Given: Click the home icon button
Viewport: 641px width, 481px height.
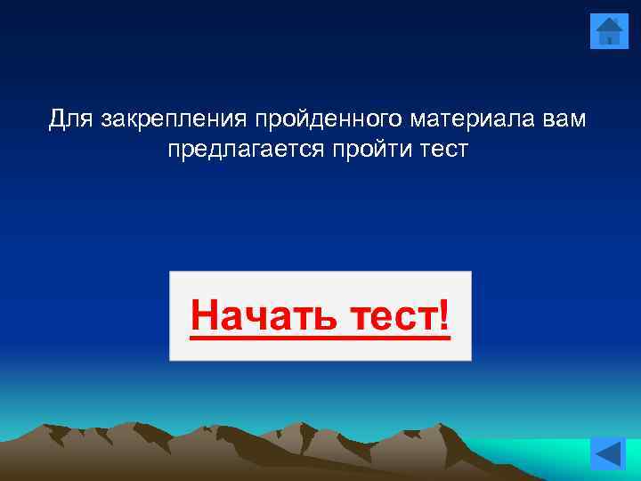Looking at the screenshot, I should click(609, 30).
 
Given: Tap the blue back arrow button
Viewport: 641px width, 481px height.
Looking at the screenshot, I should click(609, 454).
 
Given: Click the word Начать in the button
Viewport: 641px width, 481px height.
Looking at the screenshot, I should click(256, 315).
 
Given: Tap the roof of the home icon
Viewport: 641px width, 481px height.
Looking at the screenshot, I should click(609, 22).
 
